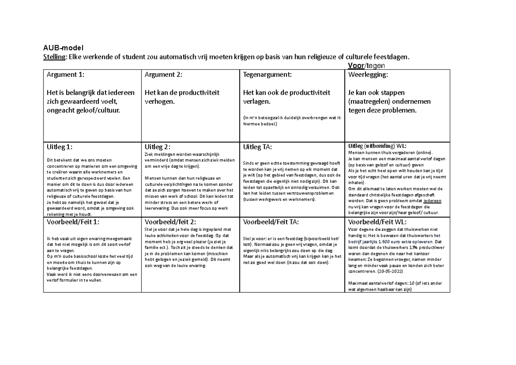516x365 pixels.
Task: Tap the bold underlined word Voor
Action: (355, 65)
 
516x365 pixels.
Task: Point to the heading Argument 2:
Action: (163, 74)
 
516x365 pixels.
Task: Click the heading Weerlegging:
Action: (368, 74)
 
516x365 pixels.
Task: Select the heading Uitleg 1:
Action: (60, 147)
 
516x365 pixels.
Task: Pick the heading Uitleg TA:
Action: (258, 147)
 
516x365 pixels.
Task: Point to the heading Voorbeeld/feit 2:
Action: (170, 222)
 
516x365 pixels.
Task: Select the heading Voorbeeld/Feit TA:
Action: (271, 222)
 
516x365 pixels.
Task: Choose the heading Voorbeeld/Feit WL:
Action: (377, 223)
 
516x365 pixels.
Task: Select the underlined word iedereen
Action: (432, 200)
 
